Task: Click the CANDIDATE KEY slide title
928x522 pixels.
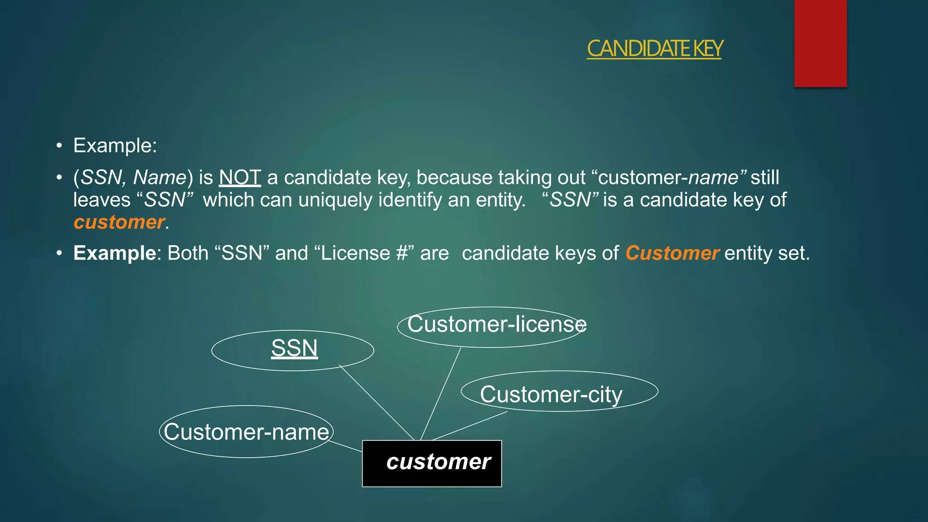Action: [654, 49]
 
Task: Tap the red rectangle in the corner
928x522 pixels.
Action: [820, 43]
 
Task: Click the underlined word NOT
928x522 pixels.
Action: [240, 177]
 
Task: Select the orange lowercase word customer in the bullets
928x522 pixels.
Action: [119, 222]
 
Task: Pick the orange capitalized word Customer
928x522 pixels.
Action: [672, 253]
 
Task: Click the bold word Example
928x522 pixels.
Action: [115, 253]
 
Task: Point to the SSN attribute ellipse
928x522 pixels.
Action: [293, 350]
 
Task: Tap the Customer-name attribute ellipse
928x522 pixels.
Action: [246, 431]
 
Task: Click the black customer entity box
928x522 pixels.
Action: [432, 463]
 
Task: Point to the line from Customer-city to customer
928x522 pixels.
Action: [469, 426]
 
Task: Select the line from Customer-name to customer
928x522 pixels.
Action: [345, 446]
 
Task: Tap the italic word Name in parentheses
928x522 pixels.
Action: [159, 177]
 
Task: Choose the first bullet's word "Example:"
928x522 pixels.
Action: [115, 145]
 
